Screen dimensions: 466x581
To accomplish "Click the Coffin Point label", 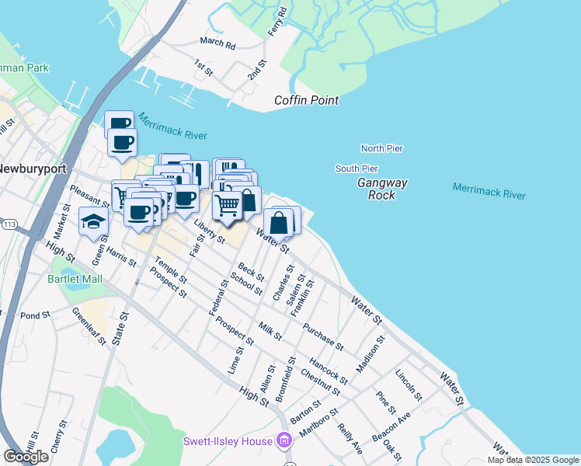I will click(307, 100).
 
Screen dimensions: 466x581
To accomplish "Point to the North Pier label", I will click(381, 148).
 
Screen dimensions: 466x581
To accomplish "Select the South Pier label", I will click(357, 169).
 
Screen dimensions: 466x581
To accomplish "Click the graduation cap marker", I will click(93, 221).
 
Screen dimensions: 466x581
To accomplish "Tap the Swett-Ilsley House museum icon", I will click(284, 441).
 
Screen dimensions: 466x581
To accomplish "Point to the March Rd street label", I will click(217, 43).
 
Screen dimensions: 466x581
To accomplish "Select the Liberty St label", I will click(209, 230).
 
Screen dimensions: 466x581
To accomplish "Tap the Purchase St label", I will click(323, 336).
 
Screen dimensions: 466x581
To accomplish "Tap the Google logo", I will click(26, 456).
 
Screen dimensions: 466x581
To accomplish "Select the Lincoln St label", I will click(409, 385).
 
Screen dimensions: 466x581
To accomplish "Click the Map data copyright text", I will click(532, 460).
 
